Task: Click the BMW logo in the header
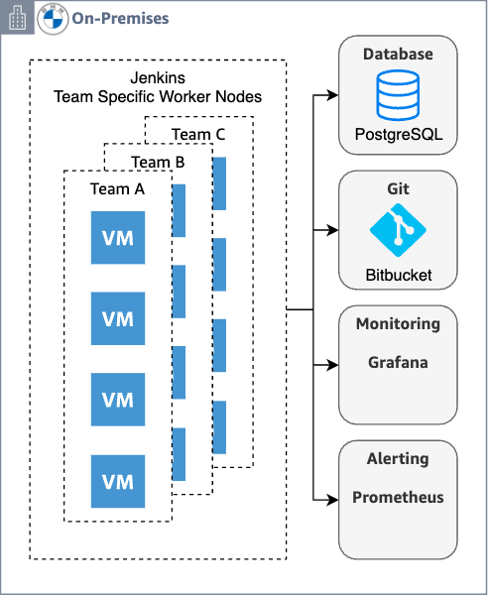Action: (x=53, y=18)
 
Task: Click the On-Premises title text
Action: (x=120, y=18)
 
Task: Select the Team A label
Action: (x=117, y=188)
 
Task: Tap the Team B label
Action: (x=158, y=162)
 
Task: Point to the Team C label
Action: (x=198, y=135)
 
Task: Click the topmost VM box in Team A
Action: (x=118, y=238)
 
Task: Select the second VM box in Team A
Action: (x=118, y=319)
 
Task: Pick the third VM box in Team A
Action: (x=118, y=401)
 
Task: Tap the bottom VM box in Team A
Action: (x=118, y=482)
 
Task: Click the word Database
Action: (x=398, y=54)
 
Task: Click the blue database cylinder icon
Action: (x=398, y=95)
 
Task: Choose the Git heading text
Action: (x=398, y=188)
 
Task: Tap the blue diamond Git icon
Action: (x=398, y=231)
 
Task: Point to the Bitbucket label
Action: (x=398, y=274)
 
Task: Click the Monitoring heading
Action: (x=398, y=324)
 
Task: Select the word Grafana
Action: (x=398, y=362)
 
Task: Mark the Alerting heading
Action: (x=398, y=458)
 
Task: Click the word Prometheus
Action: (x=398, y=497)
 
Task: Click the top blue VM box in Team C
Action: (x=219, y=182)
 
